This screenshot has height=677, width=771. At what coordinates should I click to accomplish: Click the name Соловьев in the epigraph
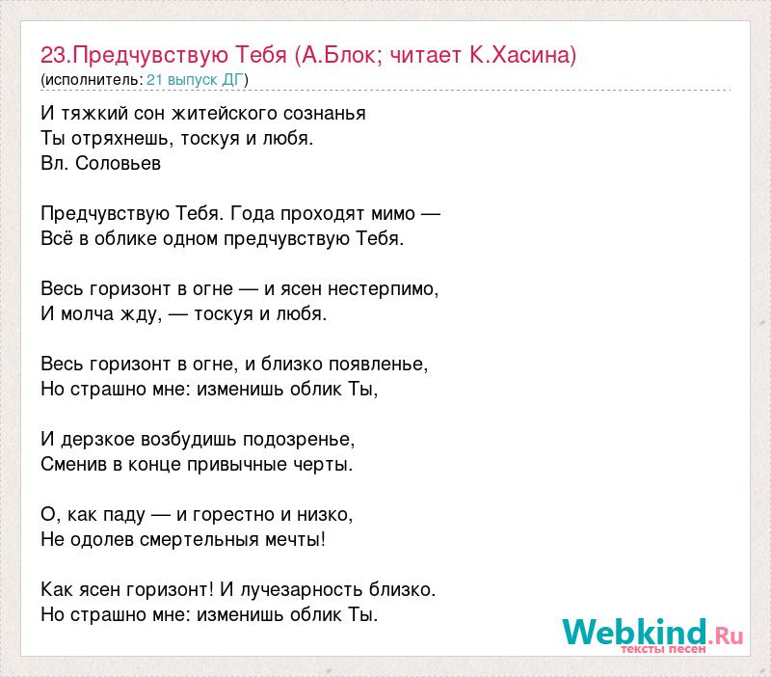[118, 163]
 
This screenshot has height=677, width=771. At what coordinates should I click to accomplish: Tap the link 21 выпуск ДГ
[196, 80]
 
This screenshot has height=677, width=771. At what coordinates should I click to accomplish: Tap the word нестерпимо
[383, 288]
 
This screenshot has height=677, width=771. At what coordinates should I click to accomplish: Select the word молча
[87, 313]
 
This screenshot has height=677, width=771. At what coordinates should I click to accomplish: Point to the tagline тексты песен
[663, 649]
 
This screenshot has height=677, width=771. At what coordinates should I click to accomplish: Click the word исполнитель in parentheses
[93, 80]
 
